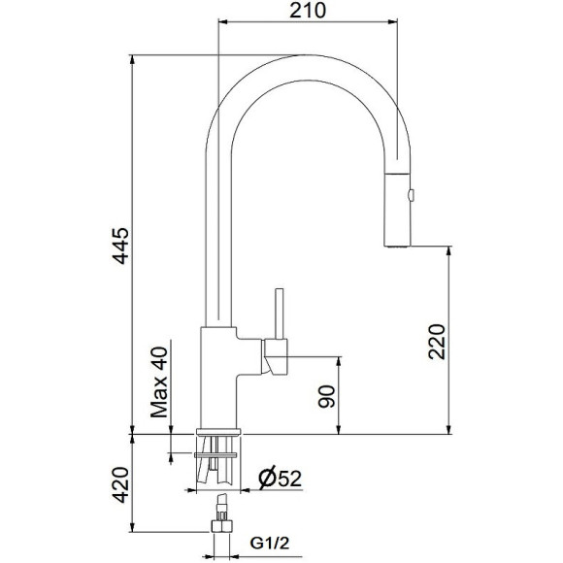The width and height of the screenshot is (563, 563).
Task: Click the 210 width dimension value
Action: point(306,11)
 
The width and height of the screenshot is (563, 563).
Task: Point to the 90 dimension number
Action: point(326,396)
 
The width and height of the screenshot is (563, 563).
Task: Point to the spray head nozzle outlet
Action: point(397,246)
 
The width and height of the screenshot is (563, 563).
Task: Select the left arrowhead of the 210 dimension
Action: point(222,22)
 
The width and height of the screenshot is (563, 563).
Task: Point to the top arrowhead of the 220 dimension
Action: point(448,251)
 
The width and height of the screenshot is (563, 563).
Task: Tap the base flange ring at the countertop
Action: point(218,431)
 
